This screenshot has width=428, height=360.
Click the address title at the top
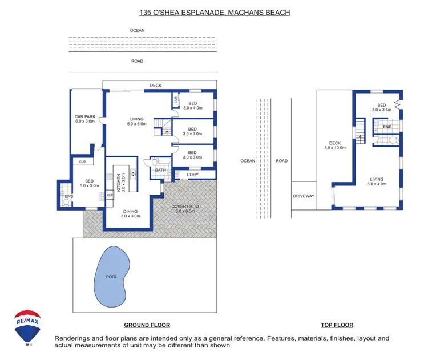pyautogui.click(x=214, y=11)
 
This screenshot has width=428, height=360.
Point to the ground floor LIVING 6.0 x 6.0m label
pyautogui.click(x=137, y=121)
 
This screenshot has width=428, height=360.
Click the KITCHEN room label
pyautogui.click(x=119, y=182)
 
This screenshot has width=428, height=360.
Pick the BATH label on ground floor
pyautogui.click(x=160, y=169)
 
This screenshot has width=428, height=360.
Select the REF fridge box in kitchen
pyautogui.click(x=110, y=195)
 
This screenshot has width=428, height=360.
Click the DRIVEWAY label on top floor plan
pyautogui.click(x=303, y=196)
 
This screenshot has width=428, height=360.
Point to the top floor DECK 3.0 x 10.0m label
pyautogui.click(x=331, y=145)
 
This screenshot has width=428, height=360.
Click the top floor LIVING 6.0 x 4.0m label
pyautogui.click(x=377, y=181)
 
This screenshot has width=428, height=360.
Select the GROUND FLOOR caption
pyautogui.click(x=147, y=325)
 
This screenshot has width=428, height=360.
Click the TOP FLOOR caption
pyautogui.click(x=337, y=325)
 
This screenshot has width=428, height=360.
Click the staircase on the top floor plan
pyautogui.click(x=360, y=129)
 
